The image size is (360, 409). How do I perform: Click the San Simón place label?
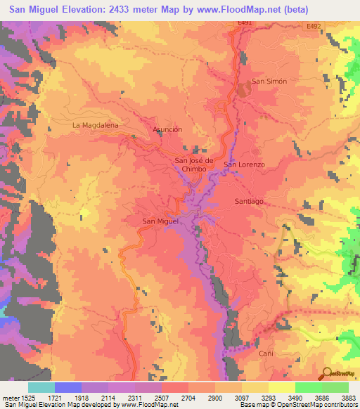pyautogui.click(x=269, y=82)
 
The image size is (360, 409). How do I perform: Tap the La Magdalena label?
pyautogui.click(x=96, y=125)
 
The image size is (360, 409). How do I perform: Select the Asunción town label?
pyautogui.click(x=167, y=130)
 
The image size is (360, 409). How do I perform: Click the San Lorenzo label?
pyautogui.click(x=244, y=164)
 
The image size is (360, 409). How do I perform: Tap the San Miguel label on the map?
pyautogui.click(x=161, y=222)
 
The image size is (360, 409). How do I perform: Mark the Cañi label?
pyautogui.click(x=265, y=353)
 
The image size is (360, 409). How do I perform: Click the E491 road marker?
pyautogui.click(x=244, y=24)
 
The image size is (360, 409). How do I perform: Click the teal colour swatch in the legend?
pyautogui.click(x=41, y=387)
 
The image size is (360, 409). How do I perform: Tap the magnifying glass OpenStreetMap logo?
pyautogui.click(x=328, y=372)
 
